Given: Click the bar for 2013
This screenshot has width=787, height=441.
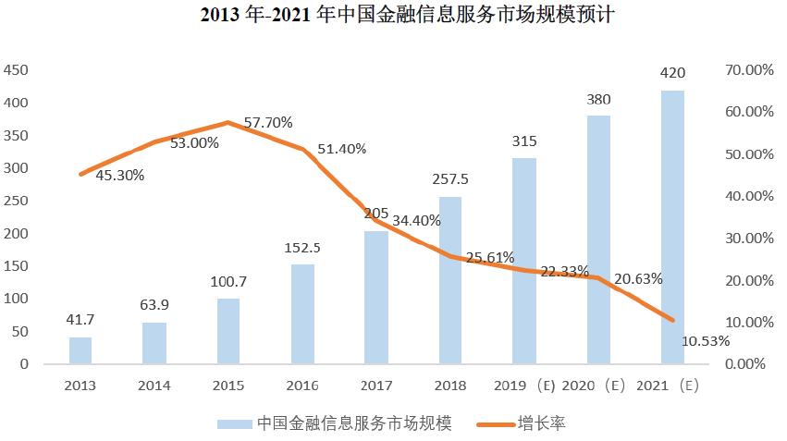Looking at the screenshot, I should click(80, 350).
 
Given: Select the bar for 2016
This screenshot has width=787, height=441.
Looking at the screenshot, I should click(302, 314).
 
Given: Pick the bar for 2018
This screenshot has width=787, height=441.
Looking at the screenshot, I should click(450, 280).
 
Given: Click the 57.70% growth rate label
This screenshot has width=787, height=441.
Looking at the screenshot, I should click(268, 122).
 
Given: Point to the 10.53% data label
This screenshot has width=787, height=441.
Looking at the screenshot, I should click(705, 340).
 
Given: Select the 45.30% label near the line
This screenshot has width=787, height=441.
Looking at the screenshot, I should click(118, 174).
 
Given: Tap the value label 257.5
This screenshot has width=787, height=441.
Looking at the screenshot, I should click(451, 178).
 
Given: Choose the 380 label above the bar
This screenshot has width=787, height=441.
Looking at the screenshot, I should click(598, 99).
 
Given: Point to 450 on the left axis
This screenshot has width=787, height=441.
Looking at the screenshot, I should click(17, 70).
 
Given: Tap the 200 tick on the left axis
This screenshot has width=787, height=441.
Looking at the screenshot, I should click(17, 233).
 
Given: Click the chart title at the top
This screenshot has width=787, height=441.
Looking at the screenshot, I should click(394, 16).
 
